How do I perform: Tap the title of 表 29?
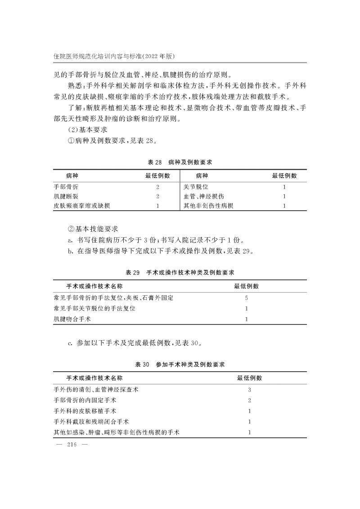click(x=180, y=273)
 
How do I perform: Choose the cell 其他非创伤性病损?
click(x=208, y=206)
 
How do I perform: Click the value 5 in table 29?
click(x=246, y=298)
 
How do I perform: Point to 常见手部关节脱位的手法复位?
click(x=94, y=309)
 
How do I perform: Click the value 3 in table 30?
click(x=249, y=390)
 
